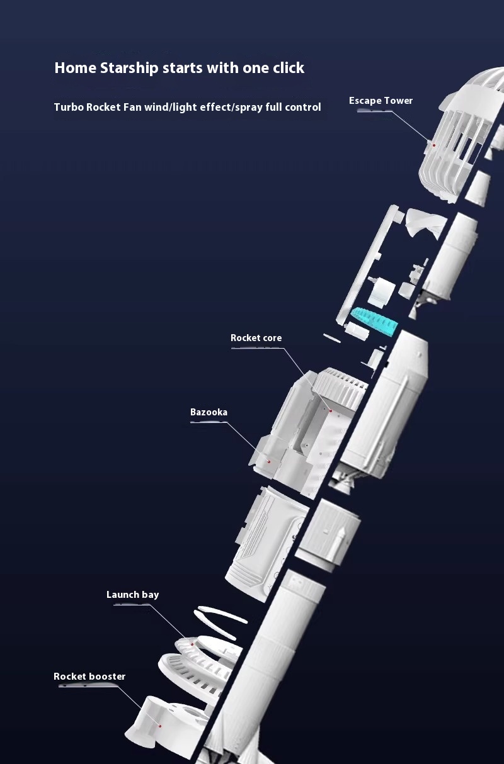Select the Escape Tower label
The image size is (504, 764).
click(381, 101)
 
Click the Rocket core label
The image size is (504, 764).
click(256, 338)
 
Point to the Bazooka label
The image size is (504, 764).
click(209, 412)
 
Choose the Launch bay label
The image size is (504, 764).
click(132, 595)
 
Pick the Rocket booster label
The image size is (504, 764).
click(89, 677)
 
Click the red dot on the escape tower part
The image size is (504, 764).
click(434, 145)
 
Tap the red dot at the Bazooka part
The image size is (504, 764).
click(269, 461)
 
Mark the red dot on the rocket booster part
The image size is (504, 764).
click(160, 726)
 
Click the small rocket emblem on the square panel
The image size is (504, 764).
click(341, 537)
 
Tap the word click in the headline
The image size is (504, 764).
click(289, 68)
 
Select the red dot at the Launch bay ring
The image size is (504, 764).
click(192, 644)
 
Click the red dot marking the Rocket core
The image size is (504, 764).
click(329, 410)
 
